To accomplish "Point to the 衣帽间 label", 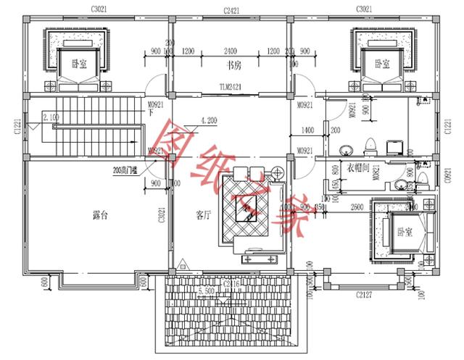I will [x=357, y=167].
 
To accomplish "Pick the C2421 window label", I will [x=230, y=9].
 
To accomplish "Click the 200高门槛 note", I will [x=128, y=172].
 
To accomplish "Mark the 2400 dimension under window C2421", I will [x=230, y=51].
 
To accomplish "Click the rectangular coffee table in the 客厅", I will [x=247, y=210].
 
